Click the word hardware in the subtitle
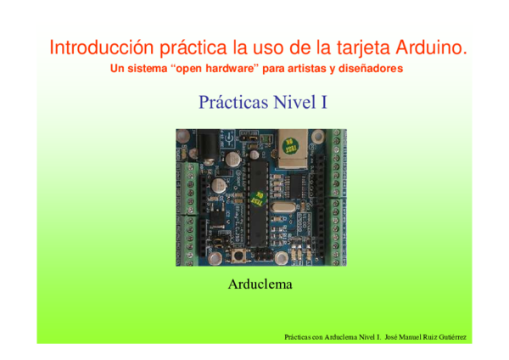tap(215, 68)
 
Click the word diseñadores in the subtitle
tap(366, 68)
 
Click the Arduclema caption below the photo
tap(260, 284)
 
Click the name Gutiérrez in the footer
tap(450, 338)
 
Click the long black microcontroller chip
tap(255, 204)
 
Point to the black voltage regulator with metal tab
tap(215, 216)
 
